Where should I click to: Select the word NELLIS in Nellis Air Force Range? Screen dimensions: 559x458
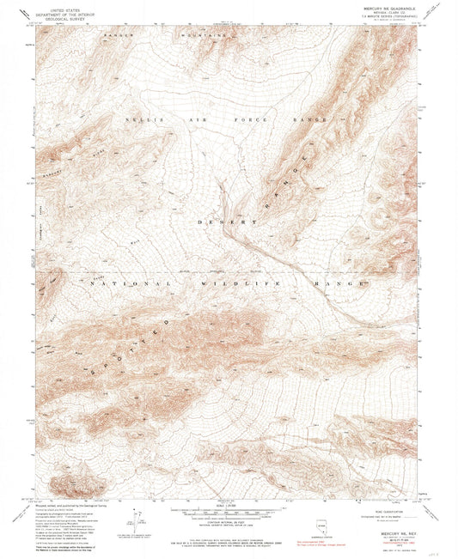pos(138,119)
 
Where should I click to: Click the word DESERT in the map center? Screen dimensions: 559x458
pos(227,222)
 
